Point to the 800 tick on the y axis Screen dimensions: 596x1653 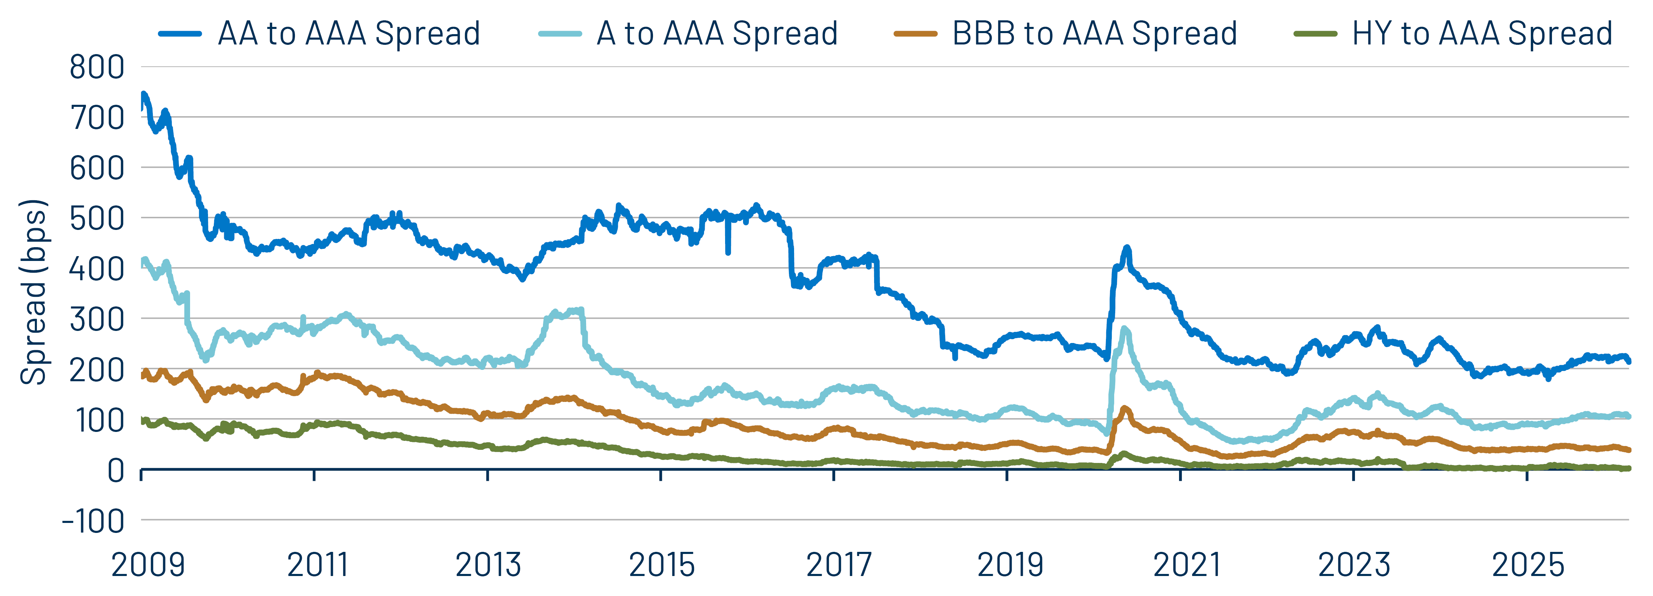97,67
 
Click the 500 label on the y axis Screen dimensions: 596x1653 97,219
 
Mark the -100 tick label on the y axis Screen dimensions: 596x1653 93,522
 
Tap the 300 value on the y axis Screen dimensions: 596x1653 97,320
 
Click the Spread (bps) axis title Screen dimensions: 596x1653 33,292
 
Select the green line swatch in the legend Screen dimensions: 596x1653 1316,34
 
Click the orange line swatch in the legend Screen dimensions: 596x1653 916,34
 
